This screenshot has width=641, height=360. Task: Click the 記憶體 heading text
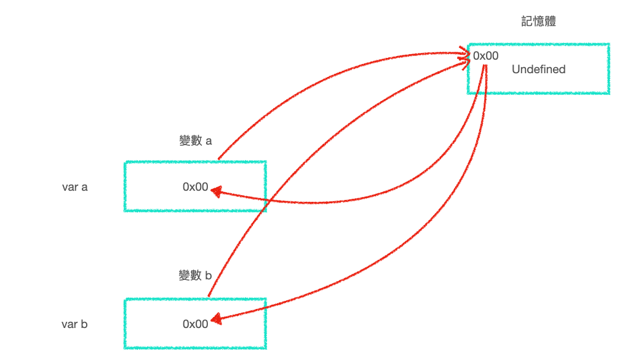tap(538, 22)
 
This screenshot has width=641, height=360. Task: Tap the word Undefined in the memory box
tap(538, 70)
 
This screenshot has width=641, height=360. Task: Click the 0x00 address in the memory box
tap(486, 56)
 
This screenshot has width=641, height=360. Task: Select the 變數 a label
tap(195, 141)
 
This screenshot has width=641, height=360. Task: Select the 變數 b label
tap(195, 275)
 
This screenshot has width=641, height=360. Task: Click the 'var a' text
tap(74, 187)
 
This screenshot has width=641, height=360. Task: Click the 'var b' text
tap(74, 324)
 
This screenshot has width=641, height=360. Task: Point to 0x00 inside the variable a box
tap(196, 187)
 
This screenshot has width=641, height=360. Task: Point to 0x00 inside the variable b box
tap(196, 324)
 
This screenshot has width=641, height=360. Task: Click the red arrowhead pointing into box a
tap(216, 191)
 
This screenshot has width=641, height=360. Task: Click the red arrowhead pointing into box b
tap(216, 319)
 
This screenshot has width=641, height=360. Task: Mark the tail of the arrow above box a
tap(220, 158)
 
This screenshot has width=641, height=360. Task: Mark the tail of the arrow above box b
tap(209, 295)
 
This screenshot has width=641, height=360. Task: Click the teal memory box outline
tap(538, 44)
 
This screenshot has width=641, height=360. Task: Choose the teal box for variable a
tap(195, 162)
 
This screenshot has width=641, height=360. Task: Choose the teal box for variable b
tap(195, 300)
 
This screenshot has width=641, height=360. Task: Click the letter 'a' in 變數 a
tap(209, 141)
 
